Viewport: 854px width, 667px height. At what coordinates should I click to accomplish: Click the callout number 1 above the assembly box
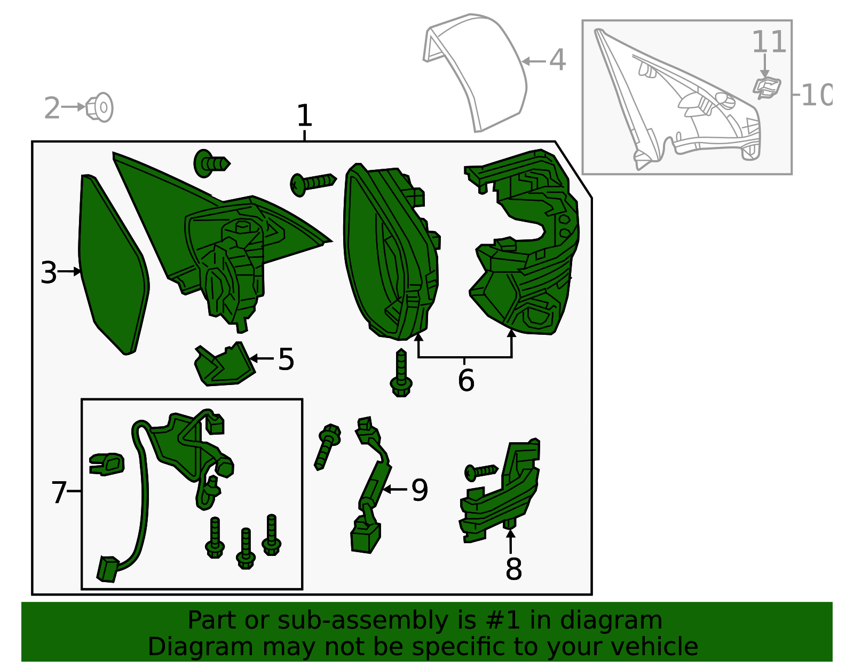(304, 115)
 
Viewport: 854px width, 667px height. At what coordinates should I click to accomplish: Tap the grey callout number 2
(52, 108)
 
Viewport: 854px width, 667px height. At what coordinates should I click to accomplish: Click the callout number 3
(48, 272)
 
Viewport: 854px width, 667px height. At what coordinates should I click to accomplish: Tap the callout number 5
(286, 359)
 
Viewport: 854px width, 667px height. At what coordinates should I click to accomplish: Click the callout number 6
(465, 380)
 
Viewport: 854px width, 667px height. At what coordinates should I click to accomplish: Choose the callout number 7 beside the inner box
(59, 492)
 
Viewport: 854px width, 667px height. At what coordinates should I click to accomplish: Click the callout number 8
(513, 569)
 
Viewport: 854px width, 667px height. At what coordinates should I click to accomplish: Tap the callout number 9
(420, 490)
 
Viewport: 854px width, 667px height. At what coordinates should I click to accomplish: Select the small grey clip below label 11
(767, 88)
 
